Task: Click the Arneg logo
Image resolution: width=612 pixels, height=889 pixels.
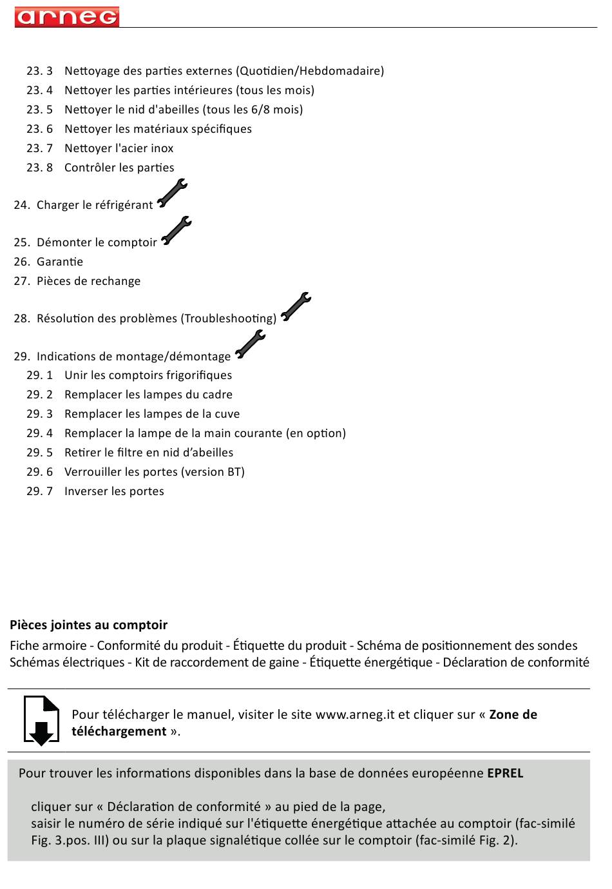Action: coord(67,17)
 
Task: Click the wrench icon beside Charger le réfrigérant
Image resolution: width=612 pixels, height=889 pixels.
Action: coord(172,193)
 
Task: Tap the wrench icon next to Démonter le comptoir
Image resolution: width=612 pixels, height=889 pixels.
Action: coord(176,231)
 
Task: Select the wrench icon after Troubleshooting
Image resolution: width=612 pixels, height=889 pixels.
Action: coord(296,306)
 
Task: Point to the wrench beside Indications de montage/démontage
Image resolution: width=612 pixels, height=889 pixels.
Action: coord(250,344)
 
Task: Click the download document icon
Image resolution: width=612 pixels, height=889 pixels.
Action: coord(41,720)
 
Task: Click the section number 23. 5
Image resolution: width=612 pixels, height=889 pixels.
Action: coord(39,110)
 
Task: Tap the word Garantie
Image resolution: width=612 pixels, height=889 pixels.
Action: coord(60,262)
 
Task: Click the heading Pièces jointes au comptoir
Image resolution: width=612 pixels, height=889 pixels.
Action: coord(88,625)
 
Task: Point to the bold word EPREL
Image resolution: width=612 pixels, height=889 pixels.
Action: coord(505,773)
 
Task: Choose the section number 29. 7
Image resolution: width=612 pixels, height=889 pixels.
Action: coord(39,491)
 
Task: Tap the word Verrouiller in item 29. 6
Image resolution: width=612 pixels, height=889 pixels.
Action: coord(95,472)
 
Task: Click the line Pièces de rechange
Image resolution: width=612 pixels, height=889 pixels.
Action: coord(88,281)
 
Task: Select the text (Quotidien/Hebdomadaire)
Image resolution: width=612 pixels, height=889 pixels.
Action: coord(310,71)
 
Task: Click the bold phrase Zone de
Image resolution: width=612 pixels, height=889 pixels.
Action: coord(513,714)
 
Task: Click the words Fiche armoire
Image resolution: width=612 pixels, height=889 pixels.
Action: coord(48,645)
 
